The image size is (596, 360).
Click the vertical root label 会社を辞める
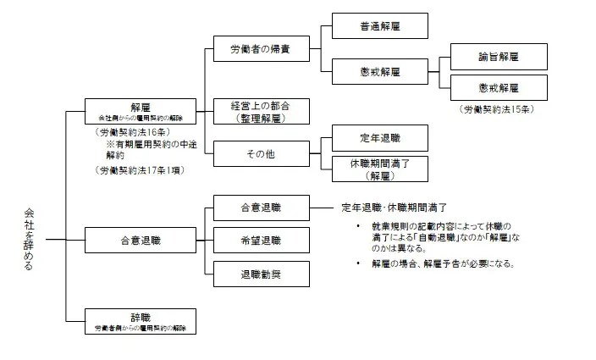(x=30, y=241)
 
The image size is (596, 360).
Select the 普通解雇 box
(x=367, y=27)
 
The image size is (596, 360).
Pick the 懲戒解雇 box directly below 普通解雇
(x=367, y=70)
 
